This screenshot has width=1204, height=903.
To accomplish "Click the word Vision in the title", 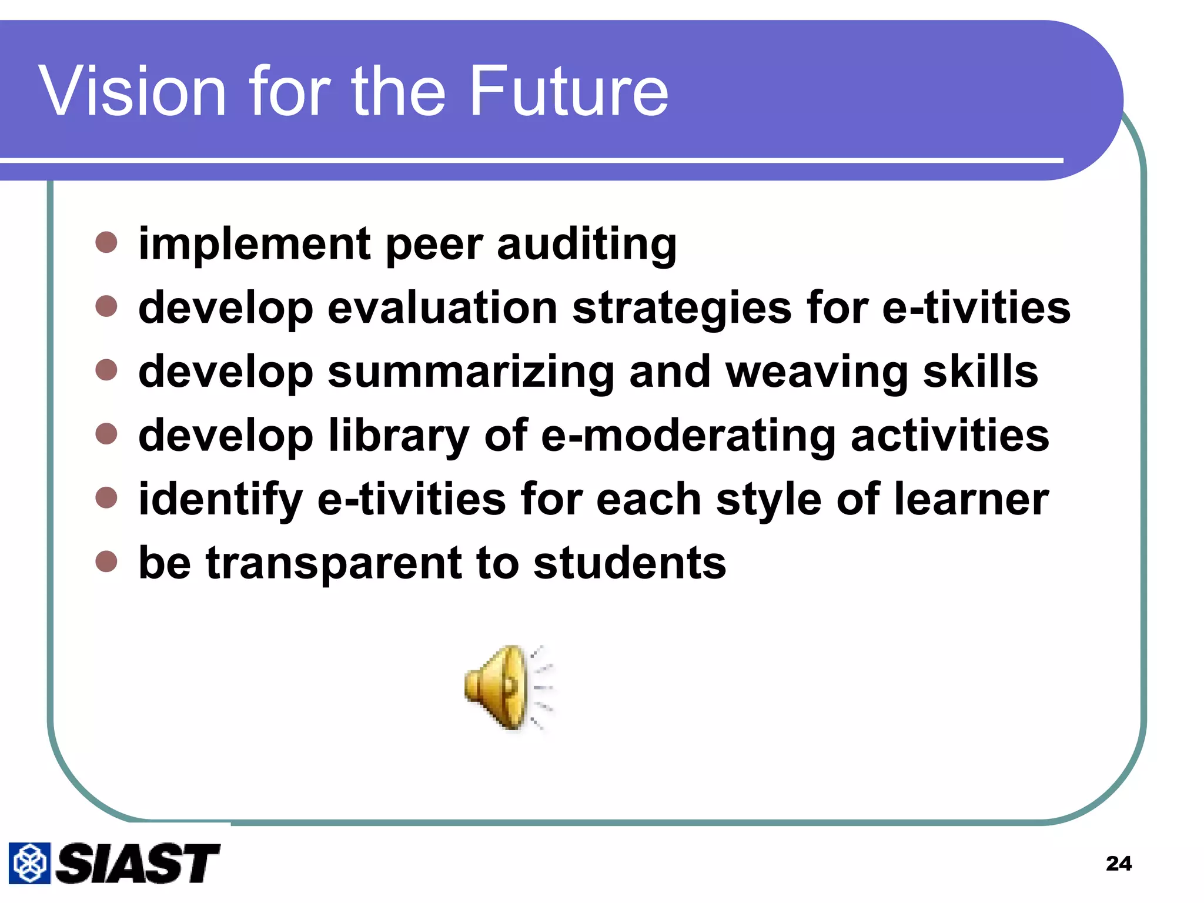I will click(x=133, y=91).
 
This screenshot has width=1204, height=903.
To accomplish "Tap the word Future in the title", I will click(x=568, y=91).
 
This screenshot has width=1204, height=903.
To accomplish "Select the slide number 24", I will click(x=1118, y=863).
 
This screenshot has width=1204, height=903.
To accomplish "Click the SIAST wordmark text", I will click(x=138, y=863).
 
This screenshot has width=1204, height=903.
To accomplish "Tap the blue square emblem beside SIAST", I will click(x=29, y=863).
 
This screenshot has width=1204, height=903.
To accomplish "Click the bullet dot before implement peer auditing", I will click(x=106, y=242).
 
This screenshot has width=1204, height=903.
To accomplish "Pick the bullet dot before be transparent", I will click(x=106, y=561).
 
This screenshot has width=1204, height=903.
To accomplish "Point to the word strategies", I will click(x=681, y=309).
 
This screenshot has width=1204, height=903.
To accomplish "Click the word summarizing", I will click(x=471, y=373).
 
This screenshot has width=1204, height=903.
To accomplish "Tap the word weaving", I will click(x=817, y=373).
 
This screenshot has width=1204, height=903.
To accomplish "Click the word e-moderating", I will click(x=688, y=436).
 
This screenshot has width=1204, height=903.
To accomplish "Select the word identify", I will click(x=220, y=500).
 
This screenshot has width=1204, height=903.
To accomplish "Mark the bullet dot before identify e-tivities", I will click(x=106, y=498).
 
